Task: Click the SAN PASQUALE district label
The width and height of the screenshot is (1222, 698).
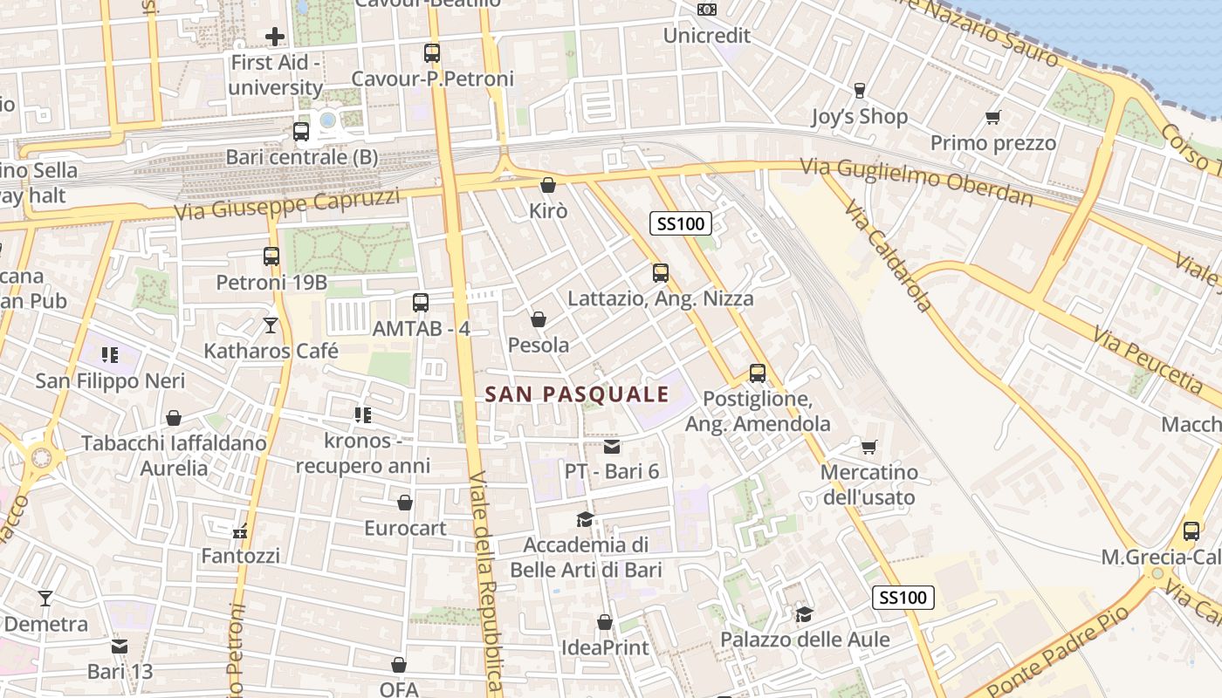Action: click(x=577, y=394)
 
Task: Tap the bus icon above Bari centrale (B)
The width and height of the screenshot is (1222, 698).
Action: click(x=301, y=132)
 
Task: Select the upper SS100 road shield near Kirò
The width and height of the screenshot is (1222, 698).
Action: click(x=681, y=224)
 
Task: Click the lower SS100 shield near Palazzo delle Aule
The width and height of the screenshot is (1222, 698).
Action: click(x=903, y=598)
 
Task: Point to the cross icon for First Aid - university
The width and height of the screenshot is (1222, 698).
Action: click(x=275, y=37)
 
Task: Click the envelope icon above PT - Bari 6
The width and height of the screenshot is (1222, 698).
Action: click(x=612, y=447)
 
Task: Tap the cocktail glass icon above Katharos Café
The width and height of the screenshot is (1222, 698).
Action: click(x=271, y=325)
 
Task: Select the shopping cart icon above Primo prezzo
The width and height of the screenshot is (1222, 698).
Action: click(x=992, y=117)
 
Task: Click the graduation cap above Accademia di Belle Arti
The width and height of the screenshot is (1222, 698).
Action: click(x=585, y=520)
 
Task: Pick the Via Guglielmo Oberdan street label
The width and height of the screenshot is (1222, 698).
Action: click(x=916, y=182)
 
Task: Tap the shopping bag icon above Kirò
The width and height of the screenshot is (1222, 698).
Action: click(x=548, y=185)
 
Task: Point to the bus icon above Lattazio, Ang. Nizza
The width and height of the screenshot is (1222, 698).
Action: click(x=661, y=273)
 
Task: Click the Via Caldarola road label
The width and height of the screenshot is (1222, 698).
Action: click(x=889, y=255)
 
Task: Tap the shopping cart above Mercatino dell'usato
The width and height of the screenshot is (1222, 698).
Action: click(x=868, y=447)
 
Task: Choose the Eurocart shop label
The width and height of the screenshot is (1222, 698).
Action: click(x=405, y=528)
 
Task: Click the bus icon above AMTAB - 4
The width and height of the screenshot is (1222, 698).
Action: click(x=421, y=303)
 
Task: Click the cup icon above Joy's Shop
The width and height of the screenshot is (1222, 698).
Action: click(x=860, y=91)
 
